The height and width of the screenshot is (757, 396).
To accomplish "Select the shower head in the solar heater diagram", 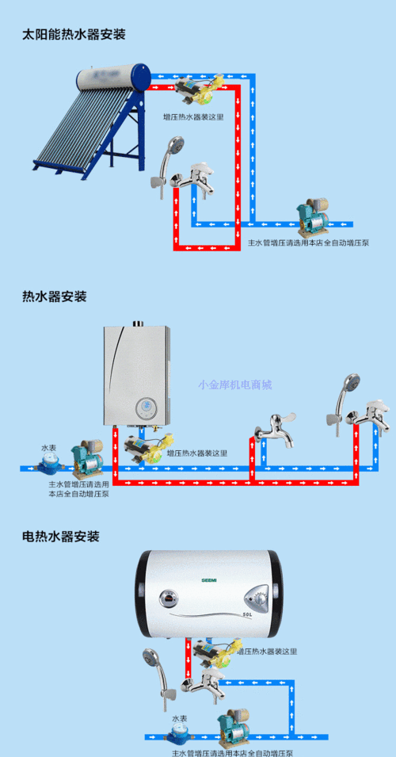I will point(177,147).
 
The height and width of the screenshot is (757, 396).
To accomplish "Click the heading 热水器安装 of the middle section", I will point(55,296).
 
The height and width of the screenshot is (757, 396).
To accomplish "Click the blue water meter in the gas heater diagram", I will point(50,464).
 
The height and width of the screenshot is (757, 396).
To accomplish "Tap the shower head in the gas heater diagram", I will point(351,389).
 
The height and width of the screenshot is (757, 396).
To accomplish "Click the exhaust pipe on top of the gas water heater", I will point(137,323).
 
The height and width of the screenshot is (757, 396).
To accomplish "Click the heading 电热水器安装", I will point(61,537).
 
